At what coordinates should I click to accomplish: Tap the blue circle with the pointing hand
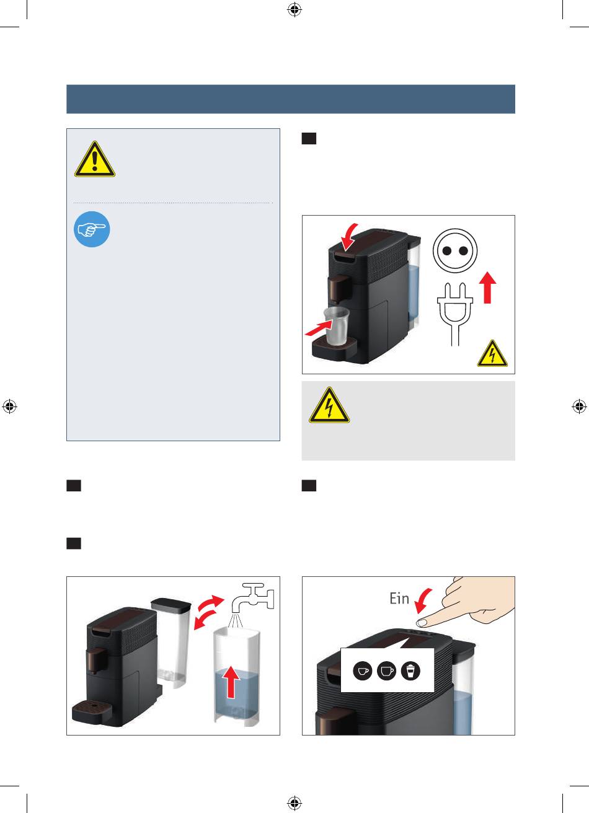(x=92, y=230)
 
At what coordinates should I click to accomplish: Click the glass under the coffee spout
(x=335, y=326)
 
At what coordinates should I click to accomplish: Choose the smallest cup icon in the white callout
(x=363, y=671)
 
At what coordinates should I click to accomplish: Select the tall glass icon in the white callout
(x=410, y=671)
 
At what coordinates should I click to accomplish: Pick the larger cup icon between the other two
(x=386, y=671)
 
